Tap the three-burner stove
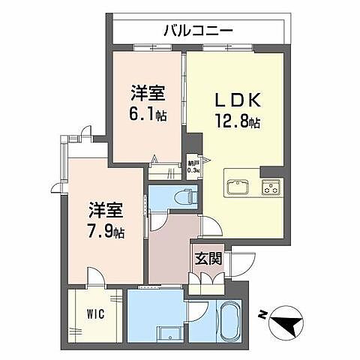pyautogui.click(x=269, y=187)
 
